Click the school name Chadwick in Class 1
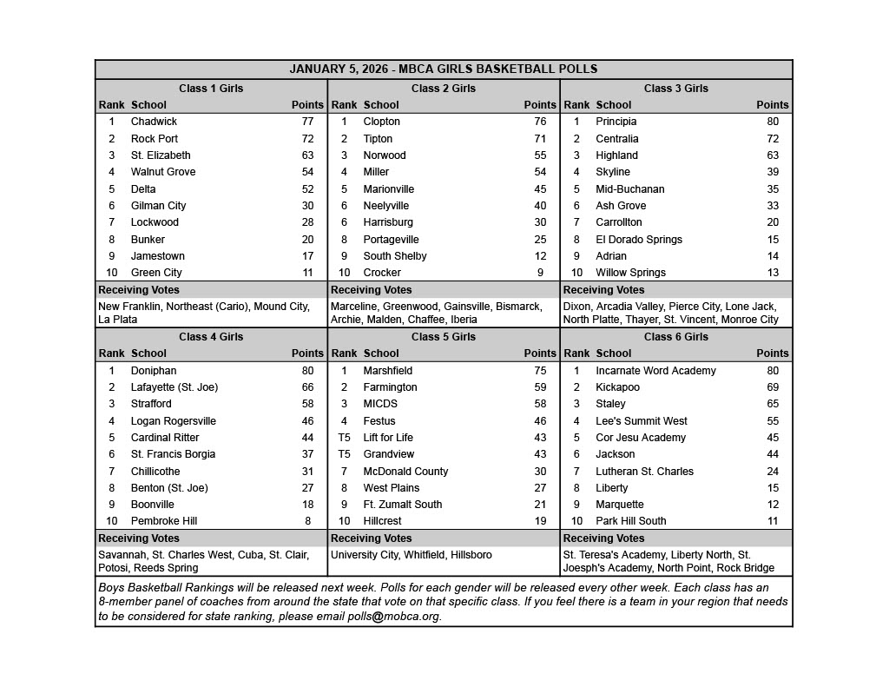pyautogui.click(x=154, y=122)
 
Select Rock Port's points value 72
pyautogui.click(x=307, y=139)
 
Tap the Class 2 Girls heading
pyautogui.click(x=444, y=88)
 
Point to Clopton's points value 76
pyautogui.click(x=540, y=122)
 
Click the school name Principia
pyautogui.click(x=616, y=122)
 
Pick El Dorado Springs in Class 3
pyautogui.click(x=638, y=240)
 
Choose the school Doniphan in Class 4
pyautogui.click(x=153, y=371)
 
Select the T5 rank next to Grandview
pyautogui.click(x=344, y=454)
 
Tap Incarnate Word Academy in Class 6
pyautogui.click(x=655, y=371)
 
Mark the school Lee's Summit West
pyautogui.click(x=641, y=421)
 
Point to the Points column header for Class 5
pyautogui.click(x=540, y=353)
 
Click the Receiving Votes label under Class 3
pyautogui.click(x=603, y=290)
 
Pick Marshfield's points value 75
pyautogui.click(x=540, y=371)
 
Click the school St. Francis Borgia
pyautogui.click(x=173, y=454)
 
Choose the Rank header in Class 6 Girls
pyautogui.click(x=576, y=353)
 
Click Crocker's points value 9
pyautogui.click(x=540, y=273)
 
